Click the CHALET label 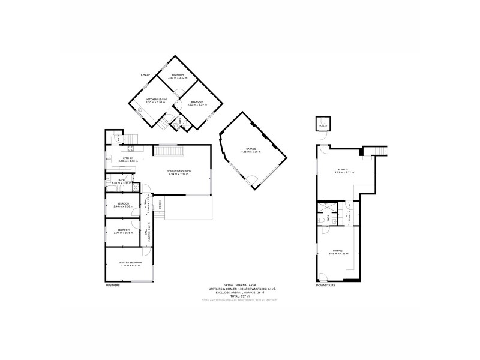click(x=146, y=75)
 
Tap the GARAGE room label click(x=252, y=149)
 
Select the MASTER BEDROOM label click(x=130, y=263)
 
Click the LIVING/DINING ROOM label click(x=179, y=172)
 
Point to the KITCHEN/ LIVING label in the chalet click(x=155, y=100)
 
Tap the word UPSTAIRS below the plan click(x=113, y=285)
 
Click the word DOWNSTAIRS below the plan click(x=326, y=285)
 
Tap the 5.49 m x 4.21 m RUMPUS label click(x=339, y=252)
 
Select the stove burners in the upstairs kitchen click(x=130, y=149)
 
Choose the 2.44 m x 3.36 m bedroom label click(x=124, y=205)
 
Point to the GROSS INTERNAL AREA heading click(x=240, y=286)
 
